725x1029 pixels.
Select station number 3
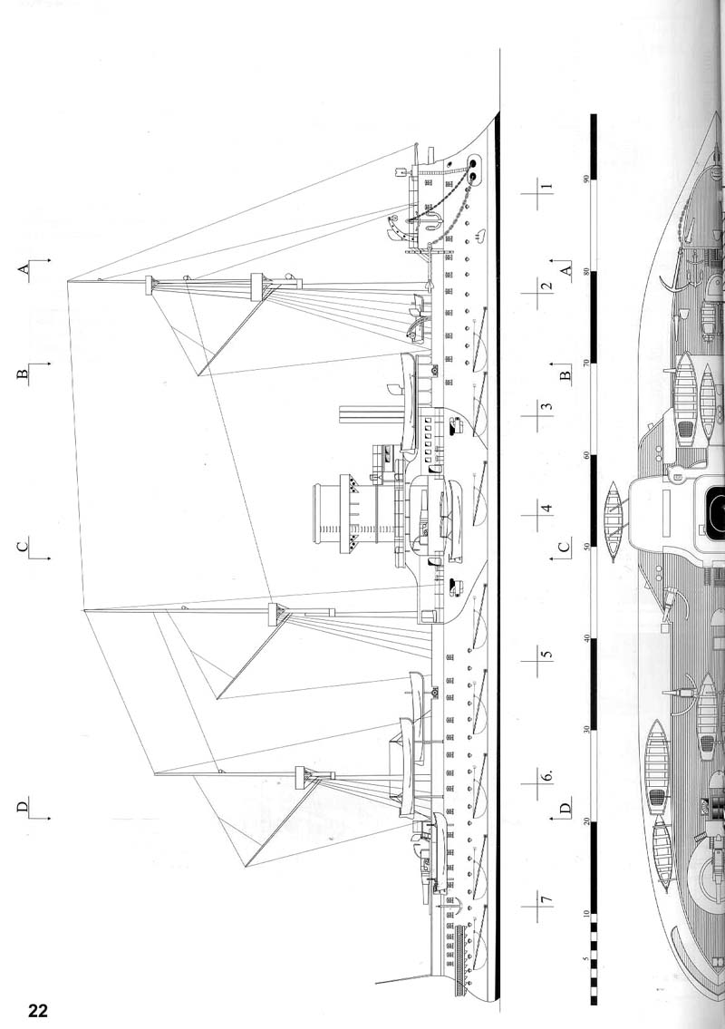[546, 405]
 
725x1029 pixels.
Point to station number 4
[546, 509]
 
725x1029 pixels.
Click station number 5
[546, 654]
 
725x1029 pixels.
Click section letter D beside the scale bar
[565, 807]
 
